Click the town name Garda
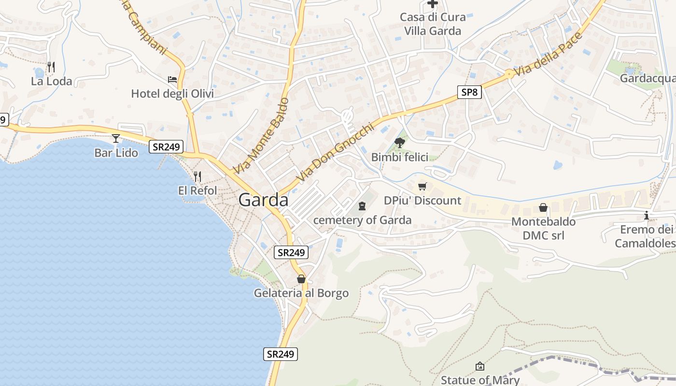264,200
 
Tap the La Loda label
52,81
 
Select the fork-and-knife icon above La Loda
51,67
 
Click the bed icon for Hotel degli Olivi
172,79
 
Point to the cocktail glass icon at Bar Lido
116,139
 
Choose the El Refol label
197,191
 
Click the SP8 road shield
469,92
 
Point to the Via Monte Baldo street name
261,136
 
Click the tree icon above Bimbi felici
399,142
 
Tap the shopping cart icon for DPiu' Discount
422,186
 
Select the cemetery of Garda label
363,220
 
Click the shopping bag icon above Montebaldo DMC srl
543,208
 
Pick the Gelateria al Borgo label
301,293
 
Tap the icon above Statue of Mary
479,366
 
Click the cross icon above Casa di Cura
433,4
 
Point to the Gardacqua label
648,78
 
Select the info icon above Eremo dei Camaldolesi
647,215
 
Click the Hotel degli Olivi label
172,94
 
